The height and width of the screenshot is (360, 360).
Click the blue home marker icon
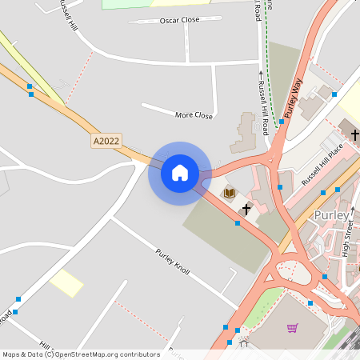pyautogui.click(x=180, y=173)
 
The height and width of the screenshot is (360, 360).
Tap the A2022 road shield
pyautogui.click(x=106, y=141)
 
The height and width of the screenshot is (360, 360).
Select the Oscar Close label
pyautogui.click(x=179, y=20)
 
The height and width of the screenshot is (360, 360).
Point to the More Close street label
pyautogui.click(x=194, y=116)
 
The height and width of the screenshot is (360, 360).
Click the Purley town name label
pyautogui.click(x=331, y=216)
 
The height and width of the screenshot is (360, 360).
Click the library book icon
pyautogui.click(x=230, y=193)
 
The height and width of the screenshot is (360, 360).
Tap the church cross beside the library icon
pyautogui.click(x=246, y=210)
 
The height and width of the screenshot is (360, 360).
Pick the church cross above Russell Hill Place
pyautogui.click(x=354, y=133)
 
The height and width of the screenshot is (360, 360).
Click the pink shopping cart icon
pyautogui.click(x=293, y=328)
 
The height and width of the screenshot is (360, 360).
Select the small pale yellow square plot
pyautogui.click(x=66, y=283)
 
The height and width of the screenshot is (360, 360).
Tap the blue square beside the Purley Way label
pyautogui.click(x=282, y=122)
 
